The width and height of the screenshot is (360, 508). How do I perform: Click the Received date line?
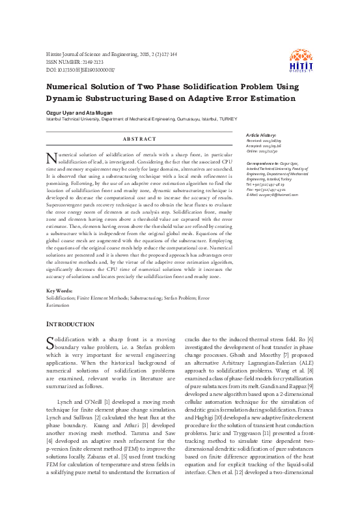pyautogui.click(x=263, y=140)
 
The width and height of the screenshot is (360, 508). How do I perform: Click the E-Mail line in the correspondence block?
pyautogui.click(x=272, y=194)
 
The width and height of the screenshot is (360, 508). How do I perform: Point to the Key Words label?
pyautogui.click(x=59, y=291)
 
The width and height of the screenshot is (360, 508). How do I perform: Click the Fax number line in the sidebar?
pyautogui.click(x=264, y=189)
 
